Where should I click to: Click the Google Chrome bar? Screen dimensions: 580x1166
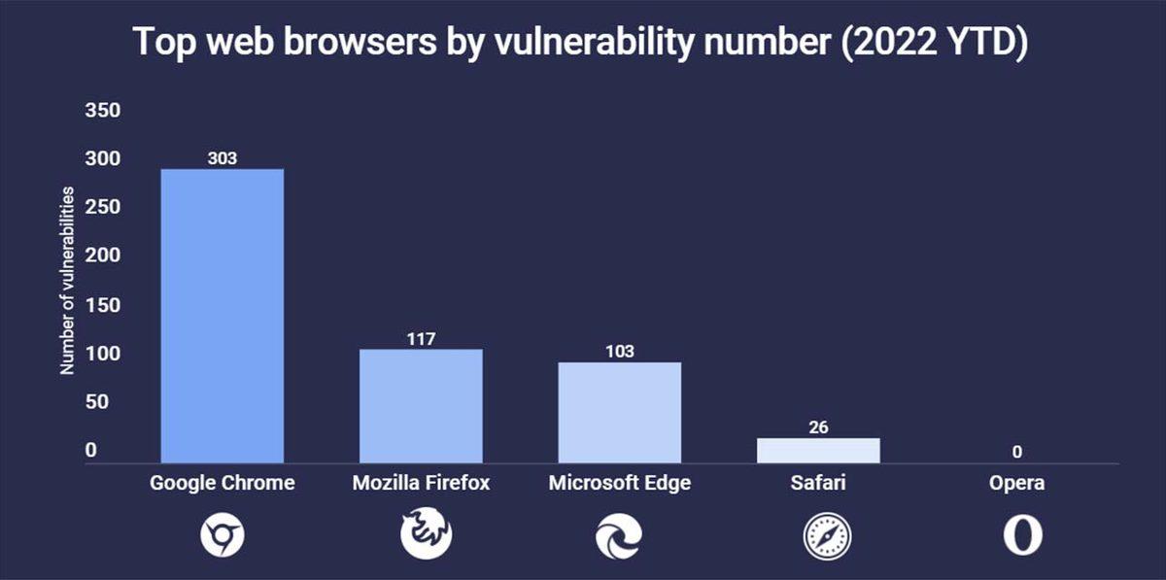222,316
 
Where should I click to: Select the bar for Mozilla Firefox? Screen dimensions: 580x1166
421,405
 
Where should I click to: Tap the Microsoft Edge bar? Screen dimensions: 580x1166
619,412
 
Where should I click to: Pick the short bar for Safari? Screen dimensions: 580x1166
818,450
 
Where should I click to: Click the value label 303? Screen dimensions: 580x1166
222,158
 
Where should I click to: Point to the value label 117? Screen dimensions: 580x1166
421,338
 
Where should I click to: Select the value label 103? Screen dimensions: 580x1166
619,352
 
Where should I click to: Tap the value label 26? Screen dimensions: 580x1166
818,427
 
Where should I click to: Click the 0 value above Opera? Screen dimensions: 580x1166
1016,452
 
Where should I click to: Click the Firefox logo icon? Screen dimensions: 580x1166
426,534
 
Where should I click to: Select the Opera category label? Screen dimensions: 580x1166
1016,483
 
